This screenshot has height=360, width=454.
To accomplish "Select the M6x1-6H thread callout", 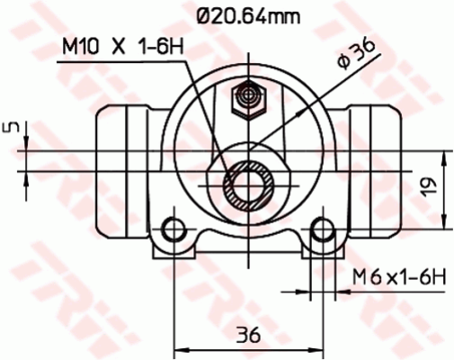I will [399, 276].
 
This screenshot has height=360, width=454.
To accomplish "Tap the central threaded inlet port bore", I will [245, 184].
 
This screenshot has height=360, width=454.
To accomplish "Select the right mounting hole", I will [320, 233].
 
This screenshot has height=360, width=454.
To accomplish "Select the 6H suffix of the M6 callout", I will [431, 276].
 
